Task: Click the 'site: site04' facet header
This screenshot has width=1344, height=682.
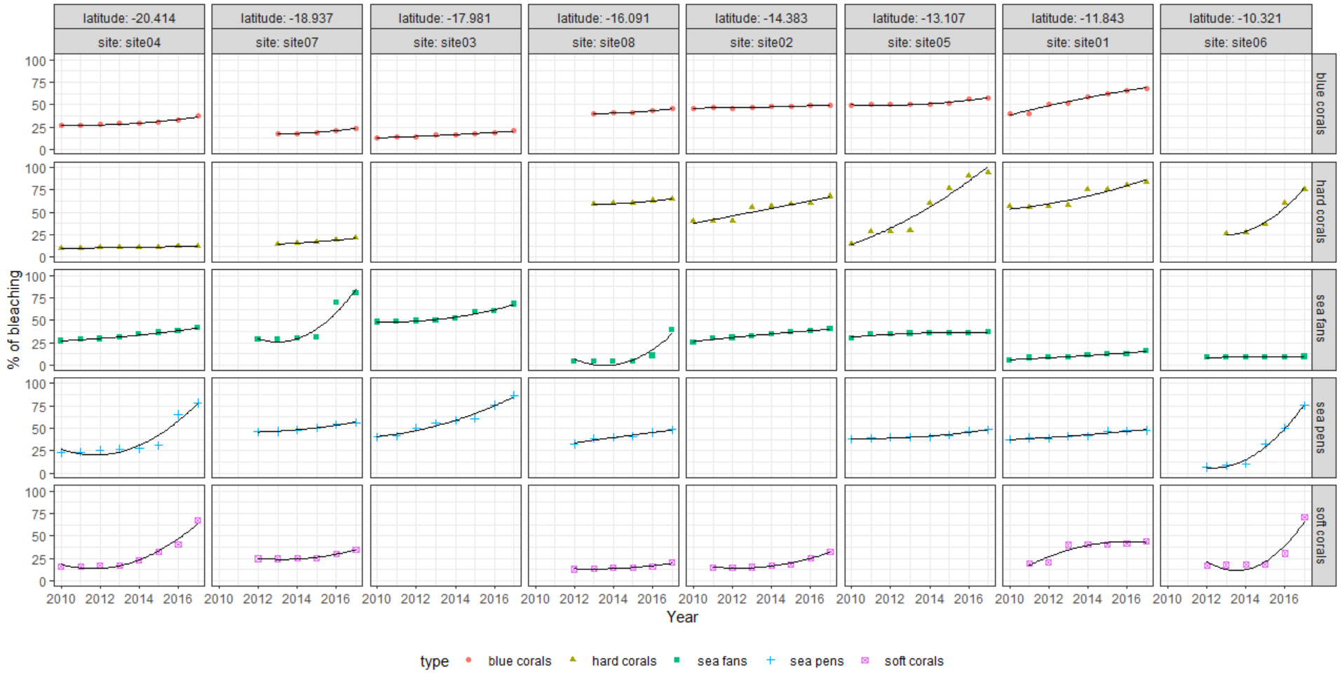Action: [x=129, y=42]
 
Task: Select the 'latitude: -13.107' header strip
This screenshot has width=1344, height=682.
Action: [x=919, y=18]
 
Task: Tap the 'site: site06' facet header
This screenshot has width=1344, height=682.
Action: [x=1235, y=42]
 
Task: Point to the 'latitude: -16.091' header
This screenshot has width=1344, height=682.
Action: [x=603, y=18]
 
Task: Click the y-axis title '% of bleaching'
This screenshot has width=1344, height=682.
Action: [x=13, y=320]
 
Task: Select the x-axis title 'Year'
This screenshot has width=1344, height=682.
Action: [x=682, y=618]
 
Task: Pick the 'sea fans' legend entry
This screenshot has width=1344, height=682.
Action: [x=722, y=661]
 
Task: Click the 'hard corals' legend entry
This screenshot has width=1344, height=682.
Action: [x=624, y=661]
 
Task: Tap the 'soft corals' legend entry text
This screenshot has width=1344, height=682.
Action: [x=914, y=661]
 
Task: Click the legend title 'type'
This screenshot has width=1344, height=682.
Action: [x=434, y=661]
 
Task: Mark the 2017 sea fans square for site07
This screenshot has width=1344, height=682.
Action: [x=355, y=292]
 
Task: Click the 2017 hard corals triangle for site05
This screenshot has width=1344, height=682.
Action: [x=988, y=171]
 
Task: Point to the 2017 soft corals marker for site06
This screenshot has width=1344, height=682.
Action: [x=1304, y=517]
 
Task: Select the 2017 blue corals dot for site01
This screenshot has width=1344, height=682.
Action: [x=1146, y=88]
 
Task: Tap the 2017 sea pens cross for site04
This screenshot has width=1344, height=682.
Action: [x=198, y=403]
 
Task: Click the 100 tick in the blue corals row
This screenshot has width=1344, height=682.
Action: [x=35, y=61]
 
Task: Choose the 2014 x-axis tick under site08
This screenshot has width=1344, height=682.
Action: [x=613, y=599]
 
